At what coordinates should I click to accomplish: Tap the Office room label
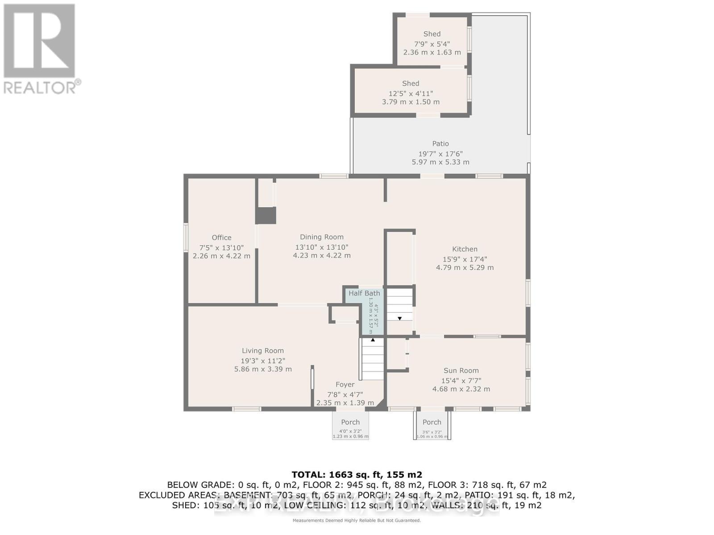click(221, 238)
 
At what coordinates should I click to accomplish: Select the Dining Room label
click(321, 237)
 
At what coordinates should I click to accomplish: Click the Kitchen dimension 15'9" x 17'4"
click(465, 259)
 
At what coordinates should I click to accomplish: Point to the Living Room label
click(263, 351)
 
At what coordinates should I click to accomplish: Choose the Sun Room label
click(461, 370)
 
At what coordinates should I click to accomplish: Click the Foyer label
click(345, 384)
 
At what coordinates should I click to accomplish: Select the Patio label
click(440, 144)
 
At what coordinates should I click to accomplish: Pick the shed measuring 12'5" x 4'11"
click(411, 91)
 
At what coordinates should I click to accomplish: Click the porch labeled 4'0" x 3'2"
click(350, 426)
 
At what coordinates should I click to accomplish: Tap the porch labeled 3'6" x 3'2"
click(432, 426)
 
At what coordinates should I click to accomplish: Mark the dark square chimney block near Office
click(266, 215)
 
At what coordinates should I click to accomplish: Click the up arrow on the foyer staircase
click(373, 340)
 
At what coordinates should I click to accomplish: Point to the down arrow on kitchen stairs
click(399, 318)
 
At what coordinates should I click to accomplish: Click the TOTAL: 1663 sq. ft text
click(357, 474)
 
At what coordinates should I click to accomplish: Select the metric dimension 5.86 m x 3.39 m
click(263, 369)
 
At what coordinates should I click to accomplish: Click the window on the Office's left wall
click(186, 238)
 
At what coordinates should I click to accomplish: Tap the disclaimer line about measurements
click(357, 521)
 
